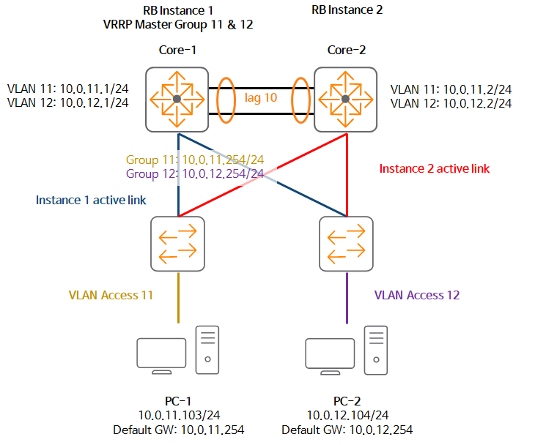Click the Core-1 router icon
coord(177,99)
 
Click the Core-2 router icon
coord(345,99)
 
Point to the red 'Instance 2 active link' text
coord(434,168)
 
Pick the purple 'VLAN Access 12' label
coord(417,296)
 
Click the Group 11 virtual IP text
coord(194,159)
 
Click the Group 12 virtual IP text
coord(194,173)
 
